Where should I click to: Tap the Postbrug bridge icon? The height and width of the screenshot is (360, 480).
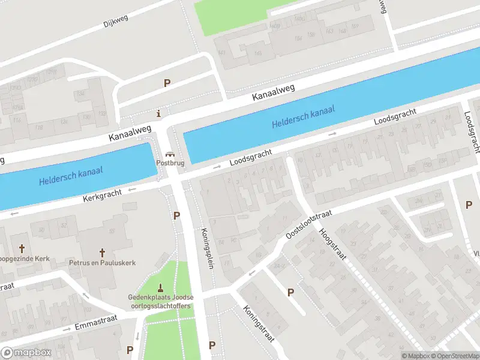[169, 154]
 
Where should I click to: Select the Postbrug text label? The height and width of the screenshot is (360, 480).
[169, 163]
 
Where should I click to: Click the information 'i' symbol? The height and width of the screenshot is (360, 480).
[158, 113]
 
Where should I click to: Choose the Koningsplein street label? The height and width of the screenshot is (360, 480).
[208, 248]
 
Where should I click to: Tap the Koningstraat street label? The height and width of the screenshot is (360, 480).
[259, 323]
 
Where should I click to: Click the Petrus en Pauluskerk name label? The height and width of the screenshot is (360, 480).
[103, 263]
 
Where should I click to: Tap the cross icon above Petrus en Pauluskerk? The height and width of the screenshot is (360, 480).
[102, 253]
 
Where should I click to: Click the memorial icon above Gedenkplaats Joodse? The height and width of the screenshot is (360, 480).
[160, 287]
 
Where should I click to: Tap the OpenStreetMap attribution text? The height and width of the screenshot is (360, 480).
[454, 356]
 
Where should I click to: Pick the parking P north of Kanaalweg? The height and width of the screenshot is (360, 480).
[167, 83]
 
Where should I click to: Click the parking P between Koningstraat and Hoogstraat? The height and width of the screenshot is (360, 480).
[291, 292]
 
